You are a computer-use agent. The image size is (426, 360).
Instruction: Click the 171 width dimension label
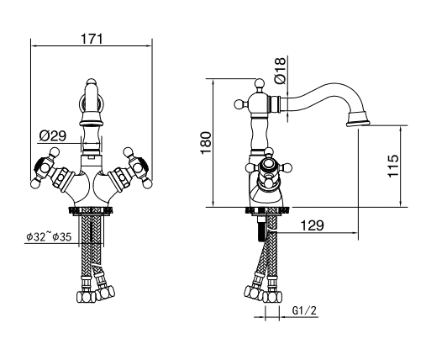(92, 39)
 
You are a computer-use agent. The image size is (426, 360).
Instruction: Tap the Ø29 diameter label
(53, 136)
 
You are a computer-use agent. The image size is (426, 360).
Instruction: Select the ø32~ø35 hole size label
(49, 237)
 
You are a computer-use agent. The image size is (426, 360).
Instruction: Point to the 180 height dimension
(206, 142)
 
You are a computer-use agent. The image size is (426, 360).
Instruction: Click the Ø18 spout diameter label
(281, 70)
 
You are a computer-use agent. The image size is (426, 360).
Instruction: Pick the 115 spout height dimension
(393, 166)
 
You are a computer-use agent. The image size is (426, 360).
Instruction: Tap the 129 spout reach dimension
(312, 225)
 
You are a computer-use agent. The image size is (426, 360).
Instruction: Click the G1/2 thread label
(304, 310)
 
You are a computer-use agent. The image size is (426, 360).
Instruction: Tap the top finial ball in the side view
(259, 83)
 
